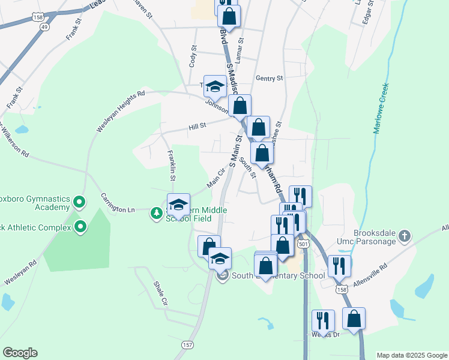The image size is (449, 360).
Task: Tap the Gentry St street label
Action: coord(268,79)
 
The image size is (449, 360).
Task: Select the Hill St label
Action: coord(197,127)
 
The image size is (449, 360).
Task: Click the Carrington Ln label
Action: coord(118,202)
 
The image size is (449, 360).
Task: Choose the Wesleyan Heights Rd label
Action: coord(120,112)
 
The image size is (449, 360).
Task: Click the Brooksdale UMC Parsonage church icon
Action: coord(405,236)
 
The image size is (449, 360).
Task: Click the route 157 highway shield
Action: coord(188,344)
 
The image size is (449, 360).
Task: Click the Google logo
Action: coord(20,352)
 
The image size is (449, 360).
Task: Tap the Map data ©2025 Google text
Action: coord(411,355)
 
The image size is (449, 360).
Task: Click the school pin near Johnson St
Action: coord(215,88)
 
